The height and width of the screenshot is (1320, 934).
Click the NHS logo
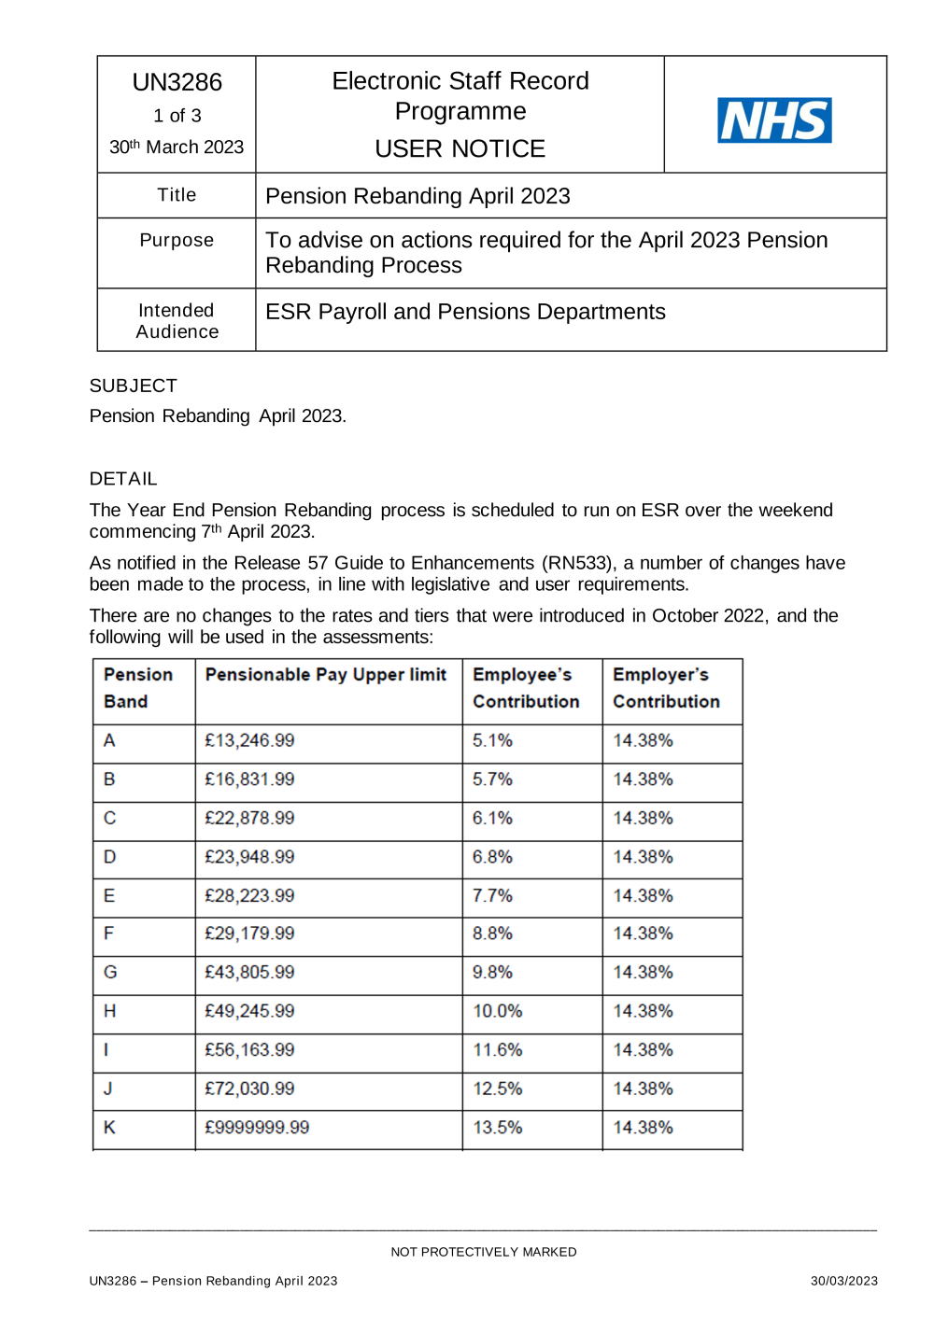pos(774,120)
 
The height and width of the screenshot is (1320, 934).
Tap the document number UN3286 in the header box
pos(177,82)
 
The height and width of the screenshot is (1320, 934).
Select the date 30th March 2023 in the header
pos(177,147)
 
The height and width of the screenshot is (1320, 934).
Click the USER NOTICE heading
pos(460,148)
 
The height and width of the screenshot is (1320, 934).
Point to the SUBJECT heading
pos(133,386)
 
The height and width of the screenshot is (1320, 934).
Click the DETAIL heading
pos(123,479)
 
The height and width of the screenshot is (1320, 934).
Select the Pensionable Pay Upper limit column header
pos(326,675)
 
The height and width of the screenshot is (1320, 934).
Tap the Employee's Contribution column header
pos(526,688)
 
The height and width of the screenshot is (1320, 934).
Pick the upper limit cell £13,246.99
pos(249,740)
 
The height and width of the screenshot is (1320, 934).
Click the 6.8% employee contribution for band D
pos(492,857)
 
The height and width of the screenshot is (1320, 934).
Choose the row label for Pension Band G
pos(110,973)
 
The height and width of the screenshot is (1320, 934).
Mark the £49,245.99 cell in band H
pos(249,1011)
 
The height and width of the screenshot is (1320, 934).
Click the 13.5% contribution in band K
pos(497,1128)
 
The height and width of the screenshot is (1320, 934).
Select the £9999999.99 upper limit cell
pos(257,1128)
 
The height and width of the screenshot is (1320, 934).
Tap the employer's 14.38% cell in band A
pos(643,740)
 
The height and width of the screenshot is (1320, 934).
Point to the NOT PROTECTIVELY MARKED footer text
pos(483,1252)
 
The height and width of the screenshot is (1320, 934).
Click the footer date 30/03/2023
pos(843,1281)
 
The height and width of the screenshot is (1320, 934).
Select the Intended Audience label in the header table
pos(177,321)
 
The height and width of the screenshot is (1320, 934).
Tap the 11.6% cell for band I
pos(497,1050)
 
